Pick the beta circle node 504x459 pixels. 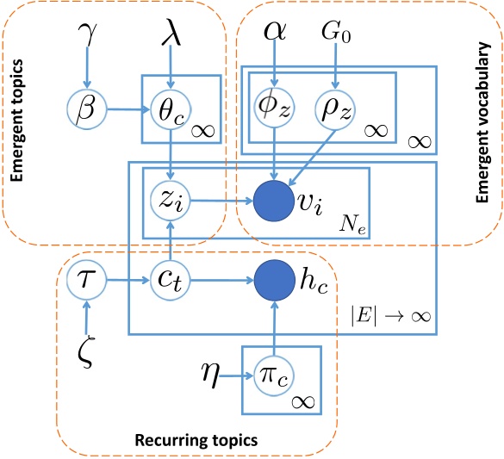coord(88,110)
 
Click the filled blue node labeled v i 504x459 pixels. coord(275,203)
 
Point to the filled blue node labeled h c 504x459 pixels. coord(275,280)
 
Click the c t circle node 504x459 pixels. coord(172,280)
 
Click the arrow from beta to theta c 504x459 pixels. coord(126,110)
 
